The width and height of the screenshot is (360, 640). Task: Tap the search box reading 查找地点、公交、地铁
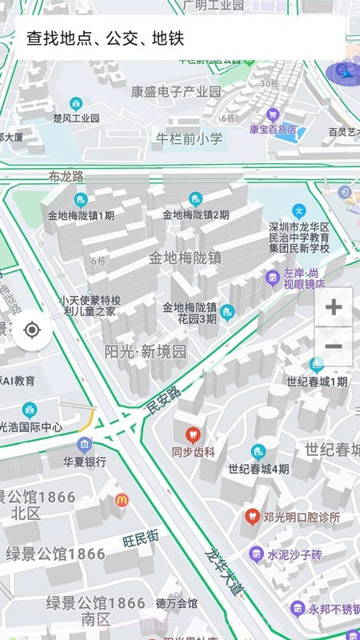[x=180, y=38]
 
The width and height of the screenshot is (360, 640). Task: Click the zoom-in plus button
[x=334, y=307]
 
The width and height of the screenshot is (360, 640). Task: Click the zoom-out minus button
[x=334, y=346]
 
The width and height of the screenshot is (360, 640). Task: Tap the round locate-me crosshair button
[x=32, y=330]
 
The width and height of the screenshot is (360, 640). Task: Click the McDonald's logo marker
[x=122, y=500]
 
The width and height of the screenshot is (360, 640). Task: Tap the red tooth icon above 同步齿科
[x=192, y=435]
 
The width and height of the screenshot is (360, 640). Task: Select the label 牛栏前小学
[x=189, y=139]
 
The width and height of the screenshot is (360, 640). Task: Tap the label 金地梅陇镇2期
[x=196, y=215]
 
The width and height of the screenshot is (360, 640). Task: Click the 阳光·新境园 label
[x=146, y=351]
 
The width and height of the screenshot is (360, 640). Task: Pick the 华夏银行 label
[x=85, y=462]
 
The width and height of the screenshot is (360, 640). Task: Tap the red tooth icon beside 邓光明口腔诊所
[x=252, y=518]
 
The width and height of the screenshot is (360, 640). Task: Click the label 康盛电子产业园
[x=176, y=91]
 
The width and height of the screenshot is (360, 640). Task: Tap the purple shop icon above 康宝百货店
[x=272, y=114]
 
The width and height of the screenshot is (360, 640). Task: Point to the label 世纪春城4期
[x=258, y=469]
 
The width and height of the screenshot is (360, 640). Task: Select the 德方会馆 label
[x=176, y=603]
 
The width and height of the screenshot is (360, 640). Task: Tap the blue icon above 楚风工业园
[x=76, y=104]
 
